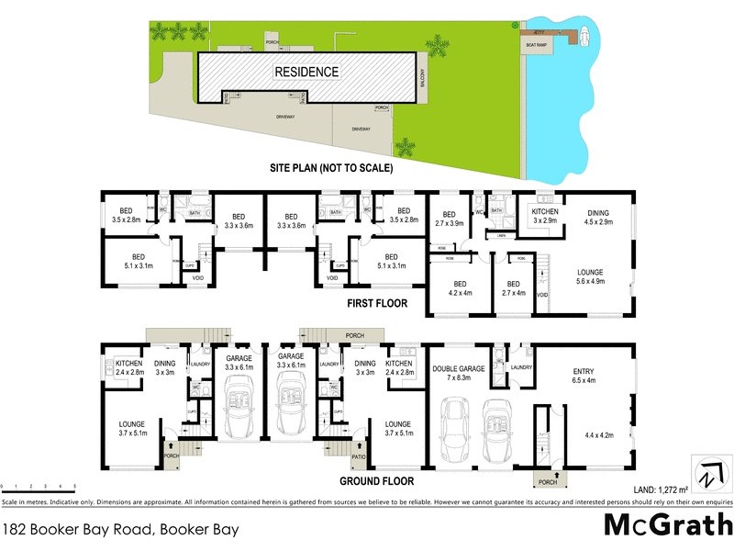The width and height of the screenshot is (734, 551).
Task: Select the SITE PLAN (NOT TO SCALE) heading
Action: tap(331, 169)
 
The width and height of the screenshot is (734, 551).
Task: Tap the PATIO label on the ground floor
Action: tap(359, 456)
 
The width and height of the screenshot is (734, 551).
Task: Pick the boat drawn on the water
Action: tap(580, 37)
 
